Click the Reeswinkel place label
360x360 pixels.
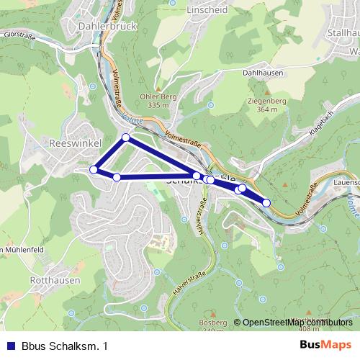tap(71, 142)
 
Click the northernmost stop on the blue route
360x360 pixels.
tap(125, 137)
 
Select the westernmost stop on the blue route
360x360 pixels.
tap(93, 170)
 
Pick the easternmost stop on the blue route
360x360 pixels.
tap(266, 203)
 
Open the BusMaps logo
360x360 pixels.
tap(325, 346)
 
